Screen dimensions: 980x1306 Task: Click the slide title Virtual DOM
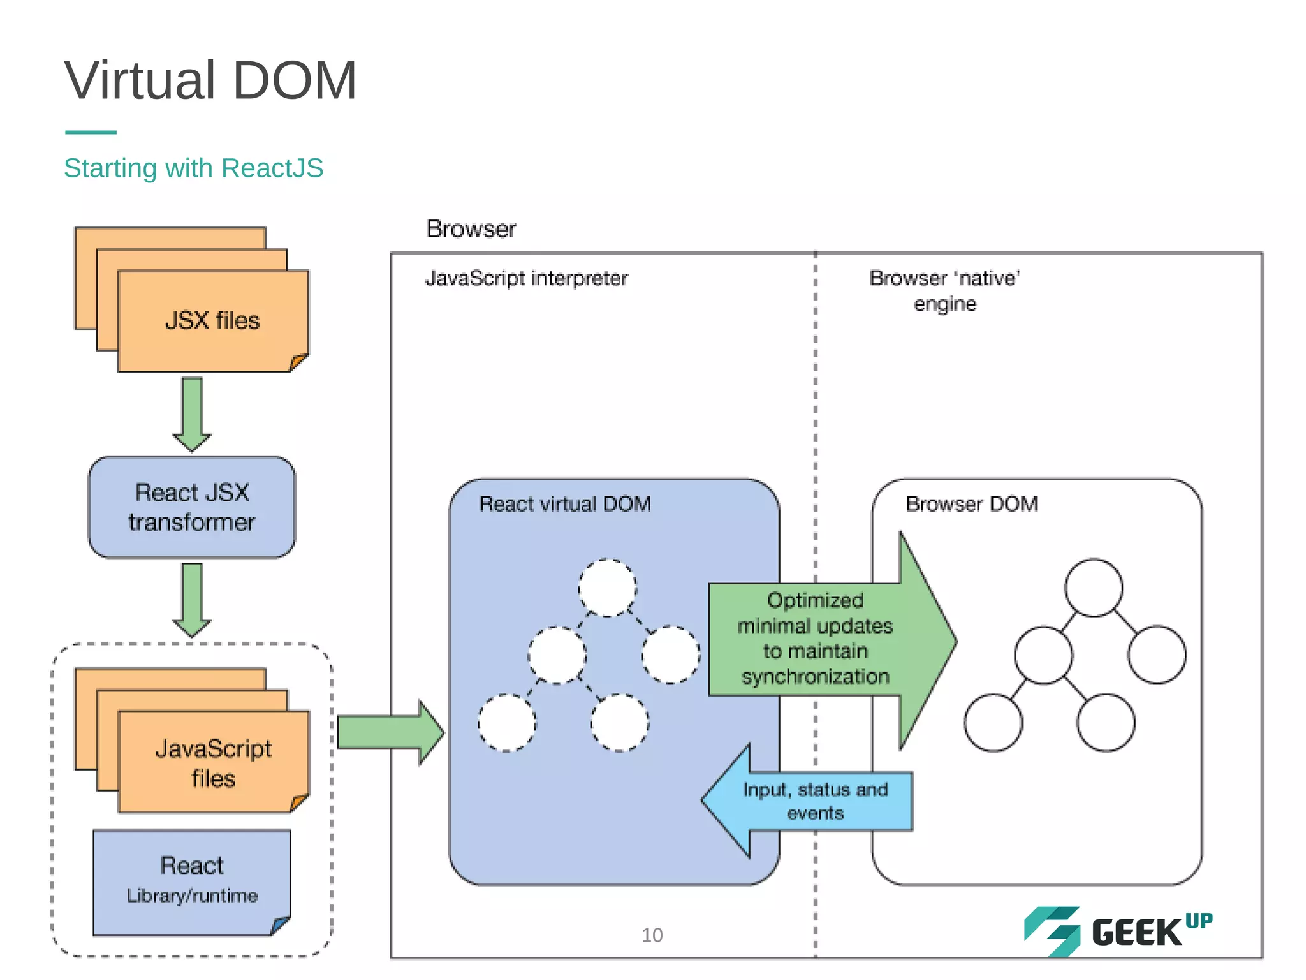(210, 80)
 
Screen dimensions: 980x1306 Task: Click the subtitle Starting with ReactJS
(193, 168)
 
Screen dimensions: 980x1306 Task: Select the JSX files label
(212, 320)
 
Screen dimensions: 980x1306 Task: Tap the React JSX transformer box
(191, 507)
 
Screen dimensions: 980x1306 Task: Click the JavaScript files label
(213, 763)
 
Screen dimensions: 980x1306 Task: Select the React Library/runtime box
(191, 881)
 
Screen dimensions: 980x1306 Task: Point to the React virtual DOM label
(565, 504)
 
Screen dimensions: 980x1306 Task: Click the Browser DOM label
(971, 504)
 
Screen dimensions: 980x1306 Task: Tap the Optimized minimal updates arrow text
(815, 638)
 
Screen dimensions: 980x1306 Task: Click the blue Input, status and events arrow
(814, 801)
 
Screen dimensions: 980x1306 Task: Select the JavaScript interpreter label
(527, 278)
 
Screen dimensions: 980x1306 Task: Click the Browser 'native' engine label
(944, 290)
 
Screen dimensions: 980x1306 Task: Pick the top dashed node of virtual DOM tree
(607, 588)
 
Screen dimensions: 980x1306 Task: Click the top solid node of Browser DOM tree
(1093, 588)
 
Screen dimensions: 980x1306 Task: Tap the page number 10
(652, 935)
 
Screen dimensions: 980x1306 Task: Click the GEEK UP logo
(1119, 932)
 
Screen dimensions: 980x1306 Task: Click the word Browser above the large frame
(471, 229)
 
